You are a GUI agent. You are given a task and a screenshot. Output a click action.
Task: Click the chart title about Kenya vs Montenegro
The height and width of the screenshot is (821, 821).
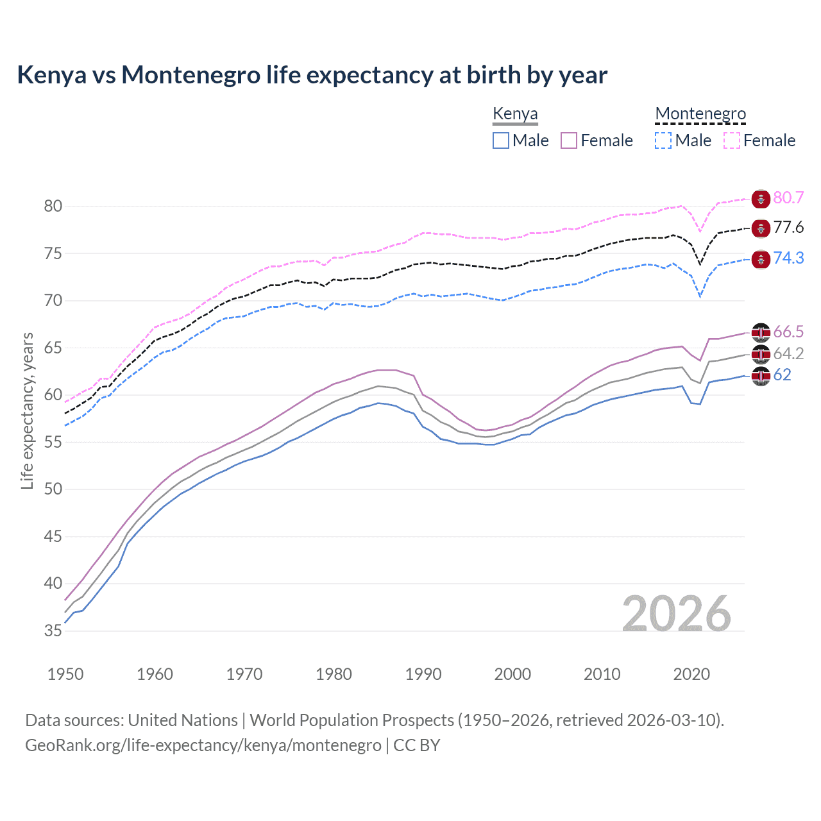pyautogui.click(x=312, y=75)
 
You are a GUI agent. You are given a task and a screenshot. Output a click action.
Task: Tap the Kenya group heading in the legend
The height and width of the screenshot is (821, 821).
pyautogui.click(x=515, y=114)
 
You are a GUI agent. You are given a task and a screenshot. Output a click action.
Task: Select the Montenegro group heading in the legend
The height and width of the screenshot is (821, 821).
pyautogui.click(x=700, y=114)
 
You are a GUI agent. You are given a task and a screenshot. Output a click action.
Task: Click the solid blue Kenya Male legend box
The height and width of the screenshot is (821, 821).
pyautogui.click(x=501, y=140)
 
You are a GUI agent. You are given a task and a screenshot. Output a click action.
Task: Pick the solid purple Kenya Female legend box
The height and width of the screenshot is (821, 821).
pyautogui.click(x=569, y=140)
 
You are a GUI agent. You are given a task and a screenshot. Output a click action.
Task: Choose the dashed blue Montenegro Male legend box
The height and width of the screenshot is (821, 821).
pyautogui.click(x=663, y=140)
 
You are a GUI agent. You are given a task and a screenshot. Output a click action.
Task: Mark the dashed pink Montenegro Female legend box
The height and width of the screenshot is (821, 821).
pyautogui.click(x=732, y=140)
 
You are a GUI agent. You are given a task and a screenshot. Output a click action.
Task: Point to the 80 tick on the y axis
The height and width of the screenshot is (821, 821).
pyautogui.click(x=53, y=206)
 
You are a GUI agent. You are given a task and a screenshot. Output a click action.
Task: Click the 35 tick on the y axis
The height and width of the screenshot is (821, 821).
pyautogui.click(x=53, y=631)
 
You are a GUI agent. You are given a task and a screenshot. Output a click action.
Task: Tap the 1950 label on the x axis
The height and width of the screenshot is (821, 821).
pyautogui.click(x=65, y=674)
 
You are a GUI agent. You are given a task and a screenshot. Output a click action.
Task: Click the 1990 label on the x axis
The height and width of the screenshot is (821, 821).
pyautogui.click(x=423, y=674)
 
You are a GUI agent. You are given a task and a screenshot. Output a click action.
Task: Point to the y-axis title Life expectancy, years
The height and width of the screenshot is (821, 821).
pyautogui.click(x=27, y=410)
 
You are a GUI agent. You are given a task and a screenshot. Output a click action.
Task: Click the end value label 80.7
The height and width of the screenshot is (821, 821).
pyautogui.click(x=788, y=198)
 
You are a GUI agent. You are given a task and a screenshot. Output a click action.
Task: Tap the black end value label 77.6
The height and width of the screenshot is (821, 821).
pyautogui.click(x=788, y=228)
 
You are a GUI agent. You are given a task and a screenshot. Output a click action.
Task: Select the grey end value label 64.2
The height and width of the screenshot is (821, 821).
pyautogui.click(x=788, y=353)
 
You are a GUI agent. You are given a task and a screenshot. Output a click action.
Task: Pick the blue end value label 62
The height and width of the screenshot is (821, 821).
pyautogui.click(x=783, y=375)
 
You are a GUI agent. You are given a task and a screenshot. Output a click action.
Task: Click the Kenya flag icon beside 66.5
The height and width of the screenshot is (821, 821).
pyautogui.click(x=761, y=332)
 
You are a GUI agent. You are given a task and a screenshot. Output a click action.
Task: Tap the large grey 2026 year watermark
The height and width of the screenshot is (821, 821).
pyautogui.click(x=677, y=614)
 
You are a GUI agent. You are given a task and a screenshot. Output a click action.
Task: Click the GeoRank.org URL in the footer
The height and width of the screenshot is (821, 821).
pyautogui.click(x=203, y=745)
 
